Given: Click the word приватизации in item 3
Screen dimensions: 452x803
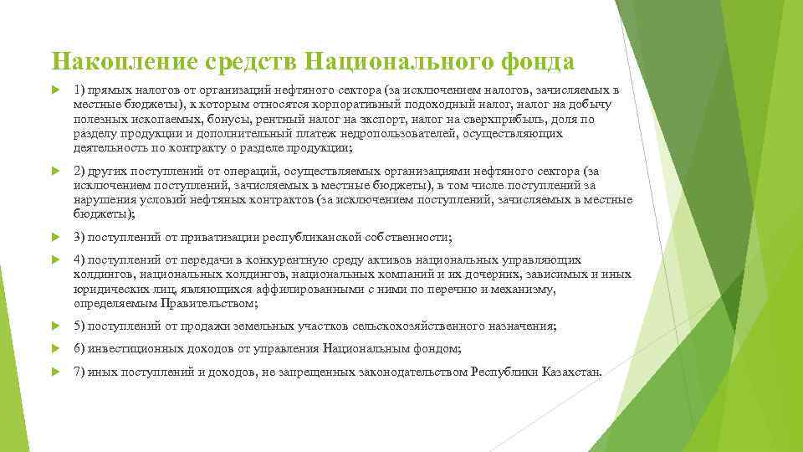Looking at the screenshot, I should (197, 238).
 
